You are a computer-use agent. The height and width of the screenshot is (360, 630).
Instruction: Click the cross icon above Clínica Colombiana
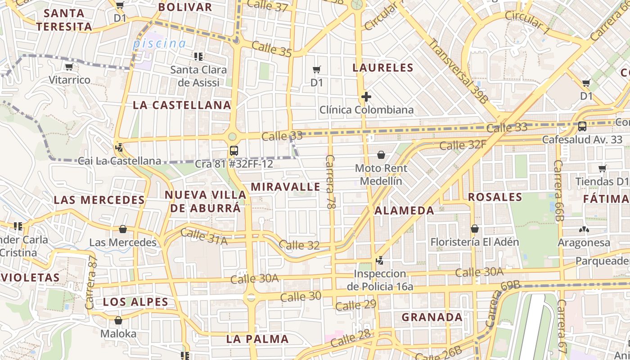tap(366, 97)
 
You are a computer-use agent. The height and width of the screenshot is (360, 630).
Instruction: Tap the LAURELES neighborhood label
tap(383, 68)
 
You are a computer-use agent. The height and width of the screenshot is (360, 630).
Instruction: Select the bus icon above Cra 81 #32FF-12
tap(234, 151)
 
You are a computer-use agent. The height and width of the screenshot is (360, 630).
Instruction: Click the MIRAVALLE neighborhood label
tap(285, 187)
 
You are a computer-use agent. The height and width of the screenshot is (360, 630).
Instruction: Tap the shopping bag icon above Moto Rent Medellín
tap(381, 155)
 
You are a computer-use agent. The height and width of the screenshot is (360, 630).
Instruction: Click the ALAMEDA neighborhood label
tap(404, 210)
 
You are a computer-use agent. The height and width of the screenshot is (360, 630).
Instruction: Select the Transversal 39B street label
tap(458, 71)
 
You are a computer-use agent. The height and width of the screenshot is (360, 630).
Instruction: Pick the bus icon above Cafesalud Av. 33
tap(582, 126)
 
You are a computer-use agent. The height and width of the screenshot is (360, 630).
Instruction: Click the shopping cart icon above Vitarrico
tap(69, 67)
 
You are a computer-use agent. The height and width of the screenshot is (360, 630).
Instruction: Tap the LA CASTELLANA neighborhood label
tap(182, 105)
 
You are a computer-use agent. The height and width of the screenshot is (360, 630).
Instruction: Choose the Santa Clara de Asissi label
tap(198, 76)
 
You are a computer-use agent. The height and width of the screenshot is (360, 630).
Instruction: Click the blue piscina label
tap(159, 44)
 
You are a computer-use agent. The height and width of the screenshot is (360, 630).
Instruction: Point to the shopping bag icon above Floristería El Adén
tap(474, 229)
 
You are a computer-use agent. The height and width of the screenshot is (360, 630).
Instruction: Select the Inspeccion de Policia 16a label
tap(380, 280)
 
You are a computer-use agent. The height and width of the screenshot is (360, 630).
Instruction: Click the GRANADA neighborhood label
tap(432, 317)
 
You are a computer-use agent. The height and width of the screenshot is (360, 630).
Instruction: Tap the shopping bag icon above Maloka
tap(118, 321)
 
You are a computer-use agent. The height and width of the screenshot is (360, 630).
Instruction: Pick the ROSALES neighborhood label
tap(495, 197)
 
